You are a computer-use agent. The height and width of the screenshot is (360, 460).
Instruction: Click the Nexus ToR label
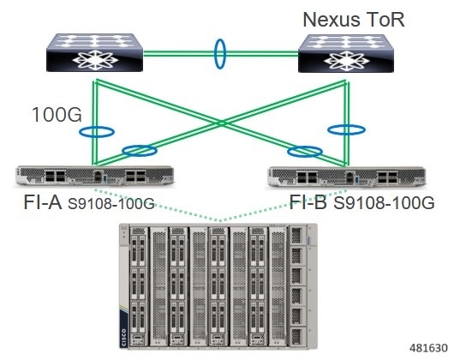click(x=354, y=20)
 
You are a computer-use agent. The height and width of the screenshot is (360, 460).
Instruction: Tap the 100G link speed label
click(x=57, y=115)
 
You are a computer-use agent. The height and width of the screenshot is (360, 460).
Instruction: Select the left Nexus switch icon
click(x=95, y=52)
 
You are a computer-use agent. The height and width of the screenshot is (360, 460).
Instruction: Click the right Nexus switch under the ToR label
click(x=346, y=53)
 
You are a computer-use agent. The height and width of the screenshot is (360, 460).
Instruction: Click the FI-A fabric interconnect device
click(x=95, y=176)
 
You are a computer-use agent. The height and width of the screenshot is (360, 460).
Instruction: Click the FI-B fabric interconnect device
click(x=346, y=177)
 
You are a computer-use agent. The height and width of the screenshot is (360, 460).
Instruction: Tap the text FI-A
click(x=43, y=202)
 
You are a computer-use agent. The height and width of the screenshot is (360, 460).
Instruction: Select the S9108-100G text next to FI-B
click(x=384, y=203)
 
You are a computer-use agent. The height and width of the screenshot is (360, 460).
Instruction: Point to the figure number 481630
click(x=428, y=348)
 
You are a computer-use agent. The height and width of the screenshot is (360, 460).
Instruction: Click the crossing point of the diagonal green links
click(x=222, y=123)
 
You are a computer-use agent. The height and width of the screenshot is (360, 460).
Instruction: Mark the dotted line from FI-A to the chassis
click(x=158, y=204)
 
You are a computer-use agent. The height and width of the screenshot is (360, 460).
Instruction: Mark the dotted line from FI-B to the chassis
click(x=284, y=205)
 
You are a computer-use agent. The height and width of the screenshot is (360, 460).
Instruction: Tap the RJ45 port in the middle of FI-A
click(x=98, y=176)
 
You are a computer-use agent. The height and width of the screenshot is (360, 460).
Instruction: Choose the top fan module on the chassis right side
click(x=297, y=236)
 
